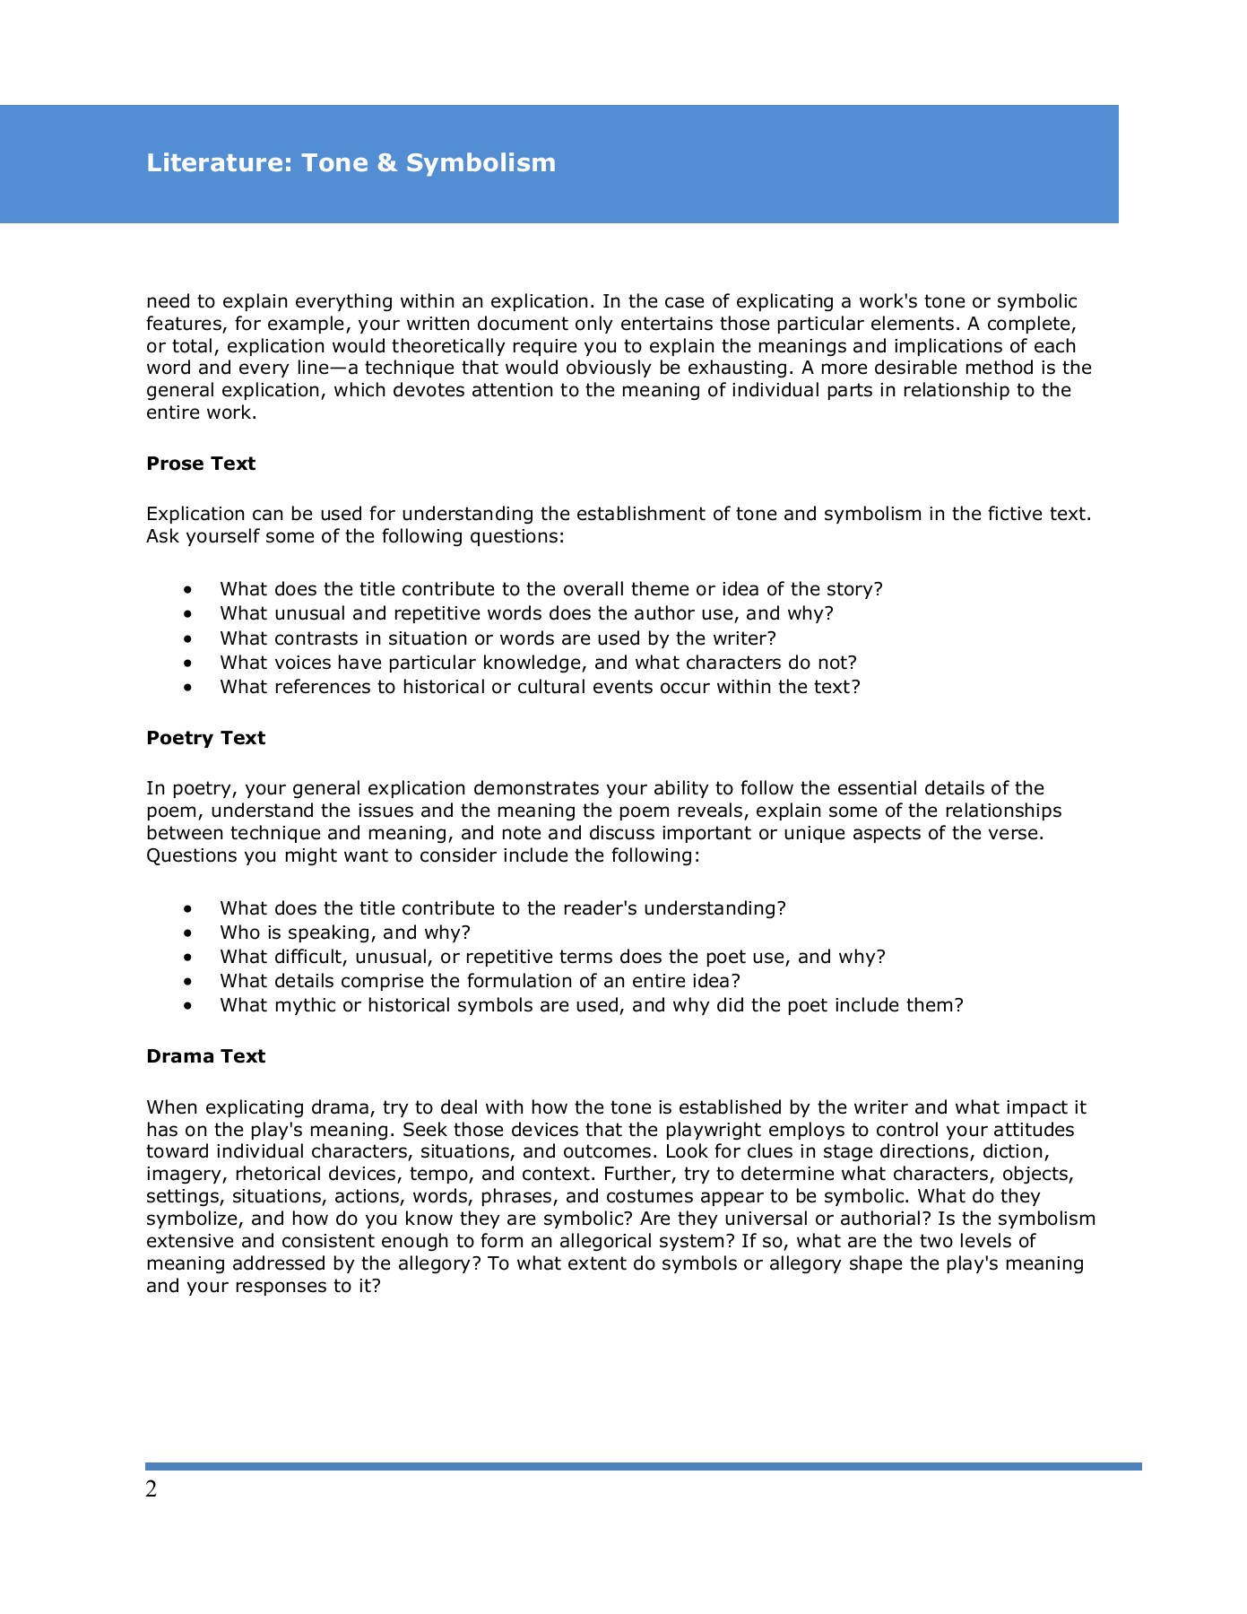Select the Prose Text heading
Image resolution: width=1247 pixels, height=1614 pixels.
coord(201,464)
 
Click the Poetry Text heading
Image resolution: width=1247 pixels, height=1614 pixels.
coord(205,738)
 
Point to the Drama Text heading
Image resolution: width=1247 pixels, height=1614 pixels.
coord(205,1056)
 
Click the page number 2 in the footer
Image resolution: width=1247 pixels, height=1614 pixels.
coord(151,1489)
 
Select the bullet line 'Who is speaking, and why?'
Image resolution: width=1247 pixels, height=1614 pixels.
coord(345,933)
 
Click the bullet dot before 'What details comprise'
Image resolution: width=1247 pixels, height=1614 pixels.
coord(187,982)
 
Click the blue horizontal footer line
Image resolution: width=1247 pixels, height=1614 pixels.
coord(644,1467)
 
